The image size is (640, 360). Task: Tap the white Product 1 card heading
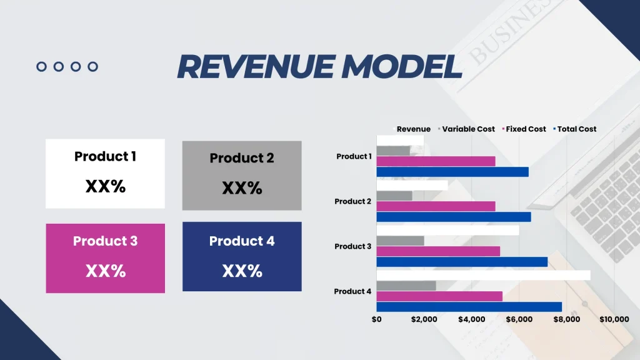(x=105, y=156)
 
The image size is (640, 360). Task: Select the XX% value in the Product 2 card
(x=242, y=188)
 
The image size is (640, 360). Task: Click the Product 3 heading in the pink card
(x=105, y=241)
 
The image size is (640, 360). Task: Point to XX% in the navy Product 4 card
(x=242, y=271)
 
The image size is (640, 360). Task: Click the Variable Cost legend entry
(x=468, y=129)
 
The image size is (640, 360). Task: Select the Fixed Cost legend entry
(x=526, y=129)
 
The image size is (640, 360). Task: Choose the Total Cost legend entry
(x=576, y=129)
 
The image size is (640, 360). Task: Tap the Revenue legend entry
(x=413, y=129)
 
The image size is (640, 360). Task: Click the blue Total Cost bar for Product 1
(x=452, y=172)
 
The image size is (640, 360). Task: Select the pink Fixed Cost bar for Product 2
(x=436, y=206)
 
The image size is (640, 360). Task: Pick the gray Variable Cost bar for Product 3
(x=400, y=241)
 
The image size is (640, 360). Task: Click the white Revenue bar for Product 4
(x=483, y=275)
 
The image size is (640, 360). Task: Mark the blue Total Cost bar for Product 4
(x=469, y=307)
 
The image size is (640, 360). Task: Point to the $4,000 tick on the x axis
(x=471, y=319)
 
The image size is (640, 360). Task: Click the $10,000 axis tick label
(x=614, y=319)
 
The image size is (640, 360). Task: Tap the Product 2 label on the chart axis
(x=353, y=201)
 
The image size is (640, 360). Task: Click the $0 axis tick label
(x=376, y=319)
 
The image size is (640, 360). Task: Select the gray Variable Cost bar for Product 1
(x=393, y=151)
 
